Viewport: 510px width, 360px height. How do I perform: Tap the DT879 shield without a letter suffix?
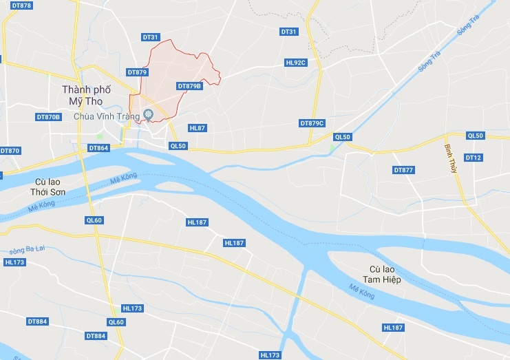click(137, 72)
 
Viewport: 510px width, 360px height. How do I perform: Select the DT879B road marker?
click(189, 86)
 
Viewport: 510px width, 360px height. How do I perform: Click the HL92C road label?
click(295, 63)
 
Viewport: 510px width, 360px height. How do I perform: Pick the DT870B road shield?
click(48, 117)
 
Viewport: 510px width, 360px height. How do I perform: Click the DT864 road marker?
click(98, 148)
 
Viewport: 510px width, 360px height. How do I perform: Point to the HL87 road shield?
click(197, 128)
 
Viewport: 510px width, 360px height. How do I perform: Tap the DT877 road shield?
click(403, 169)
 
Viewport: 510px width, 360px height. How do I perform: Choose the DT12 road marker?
click(474, 158)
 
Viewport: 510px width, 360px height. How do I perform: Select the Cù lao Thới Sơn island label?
click(48, 187)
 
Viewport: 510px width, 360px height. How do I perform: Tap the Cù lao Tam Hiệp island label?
click(385, 275)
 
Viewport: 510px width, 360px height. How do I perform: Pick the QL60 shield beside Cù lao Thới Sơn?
click(94, 220)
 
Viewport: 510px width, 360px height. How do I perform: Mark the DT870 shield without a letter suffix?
click(10, 150)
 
